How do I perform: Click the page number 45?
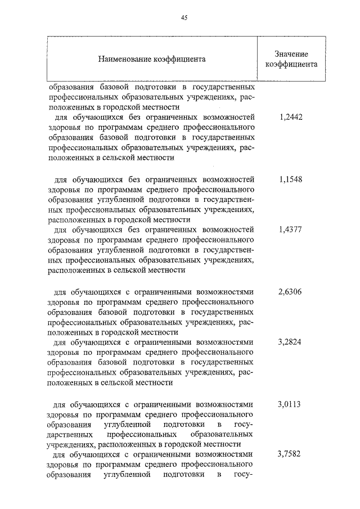click(x=183, y=17)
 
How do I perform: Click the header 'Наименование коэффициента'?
click(x=152, y=58)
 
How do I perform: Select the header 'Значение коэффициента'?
click(x=291, y=58)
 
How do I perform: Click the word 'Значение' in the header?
click(x=291, y=53)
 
